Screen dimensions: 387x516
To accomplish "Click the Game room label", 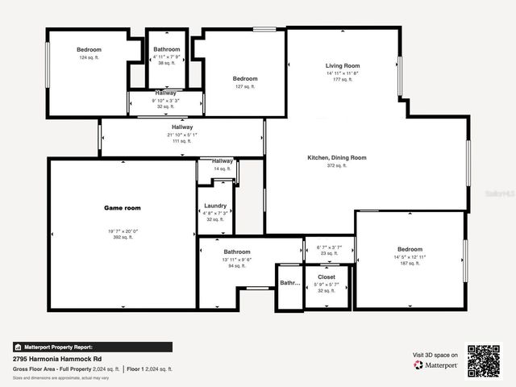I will pyautogui.click(x=123, y=208).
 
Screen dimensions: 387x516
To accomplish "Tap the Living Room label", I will pyautogui.click(x=343, y=65).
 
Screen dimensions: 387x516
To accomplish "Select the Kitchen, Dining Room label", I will pyautogui.click(x=337, y=157).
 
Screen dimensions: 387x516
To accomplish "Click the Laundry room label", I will pyautogui.click(x=215, y=206).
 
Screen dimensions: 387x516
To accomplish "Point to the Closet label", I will pyautogui.click(x=327, y=277).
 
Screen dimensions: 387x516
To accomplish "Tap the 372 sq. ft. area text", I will pyautogui.click(x=337, y=165).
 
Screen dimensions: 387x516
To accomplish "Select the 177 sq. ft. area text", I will pyautogui.click(x=343, y=80).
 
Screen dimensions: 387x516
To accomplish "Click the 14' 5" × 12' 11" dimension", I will pyautogui.click(x=410, y=257).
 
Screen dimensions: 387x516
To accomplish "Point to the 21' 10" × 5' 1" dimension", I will pyautogui.click(x=182, y=135).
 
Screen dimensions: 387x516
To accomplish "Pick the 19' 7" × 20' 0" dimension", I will pyautogui.click(x=123, y=231).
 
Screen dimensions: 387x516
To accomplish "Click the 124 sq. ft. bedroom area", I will pyautogui.click(x=88, y=58).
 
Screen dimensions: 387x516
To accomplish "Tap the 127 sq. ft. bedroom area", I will pyautogui.click(x=245, y=86).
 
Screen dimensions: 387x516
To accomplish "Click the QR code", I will pyautogui.click(x=484, y=360).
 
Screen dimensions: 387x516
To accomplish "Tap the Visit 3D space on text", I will pyautogui.click(x=435, y=355).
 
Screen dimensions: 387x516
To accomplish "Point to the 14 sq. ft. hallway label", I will pyautogui.click(x=223, y=169).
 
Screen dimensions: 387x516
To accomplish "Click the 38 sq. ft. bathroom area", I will pyautogui.click(x=167, y=63).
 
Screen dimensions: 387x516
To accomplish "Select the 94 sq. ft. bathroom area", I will pyautogui.click(x=237, y=265).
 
